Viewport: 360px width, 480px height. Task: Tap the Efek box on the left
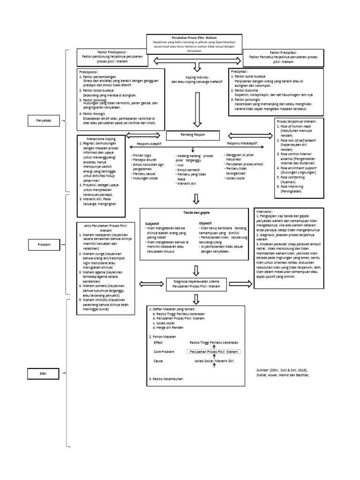42,373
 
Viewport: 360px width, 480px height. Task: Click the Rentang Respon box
193,135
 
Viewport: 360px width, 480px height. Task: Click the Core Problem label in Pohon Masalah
165,351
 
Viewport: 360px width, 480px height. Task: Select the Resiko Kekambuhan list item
166,379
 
